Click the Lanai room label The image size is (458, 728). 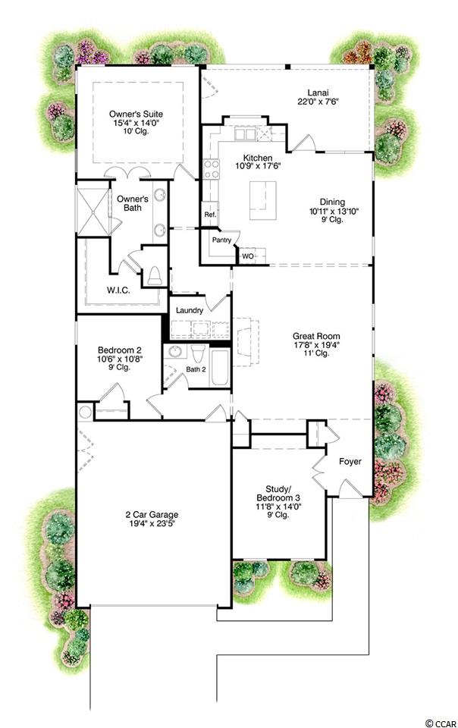[318, 93]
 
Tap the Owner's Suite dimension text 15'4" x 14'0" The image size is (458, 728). [136, 123]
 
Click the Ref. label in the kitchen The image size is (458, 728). [210, 215]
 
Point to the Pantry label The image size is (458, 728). [221, 240]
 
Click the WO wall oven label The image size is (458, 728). [247, 256]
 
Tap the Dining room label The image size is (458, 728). [332, 202]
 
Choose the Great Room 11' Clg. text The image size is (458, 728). [316, 353]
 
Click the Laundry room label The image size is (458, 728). [190, 310]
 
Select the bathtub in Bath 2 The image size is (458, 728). [219, 368]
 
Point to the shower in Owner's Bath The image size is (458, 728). [93, 212]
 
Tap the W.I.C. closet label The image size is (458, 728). [118, 290]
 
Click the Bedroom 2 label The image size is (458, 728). [119, 350]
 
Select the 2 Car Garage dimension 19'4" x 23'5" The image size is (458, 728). [152, 523]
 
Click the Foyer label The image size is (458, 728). [350, 462]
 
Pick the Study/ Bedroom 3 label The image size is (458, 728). [278, 493]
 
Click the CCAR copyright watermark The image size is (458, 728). [440, 723]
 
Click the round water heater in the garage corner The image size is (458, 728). [85, 413]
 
